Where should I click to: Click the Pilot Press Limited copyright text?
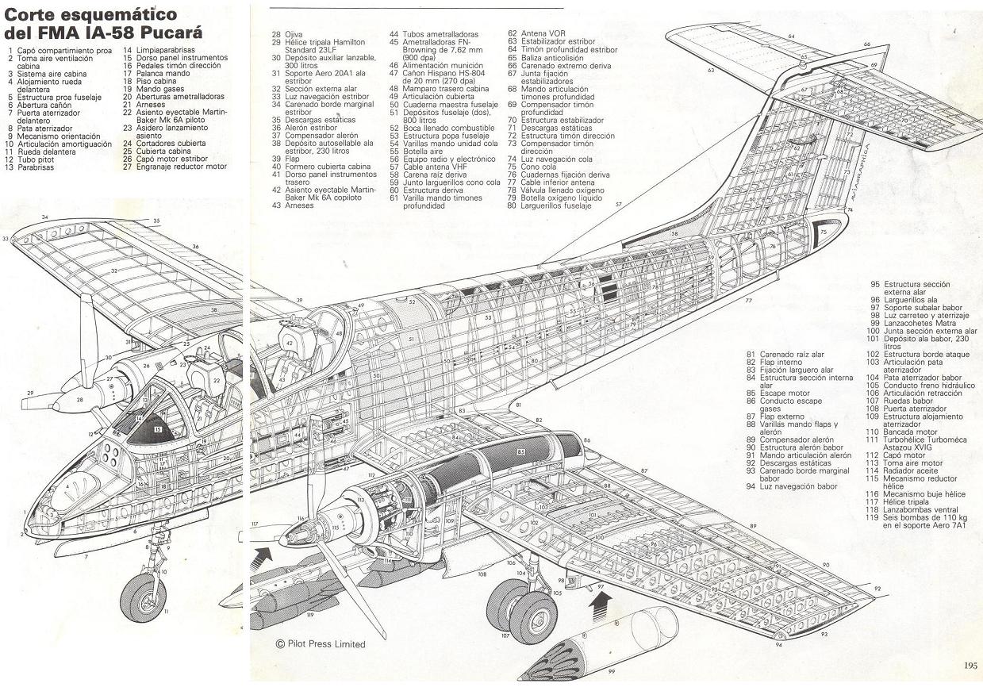click(x=321, y=644)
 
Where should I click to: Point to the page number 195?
click(x=970, y=666)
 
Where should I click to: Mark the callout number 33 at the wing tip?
click(x=6, y=238)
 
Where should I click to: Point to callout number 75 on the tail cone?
click(x=823, y=232)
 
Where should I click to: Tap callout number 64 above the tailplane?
click(x=791, y=36)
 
